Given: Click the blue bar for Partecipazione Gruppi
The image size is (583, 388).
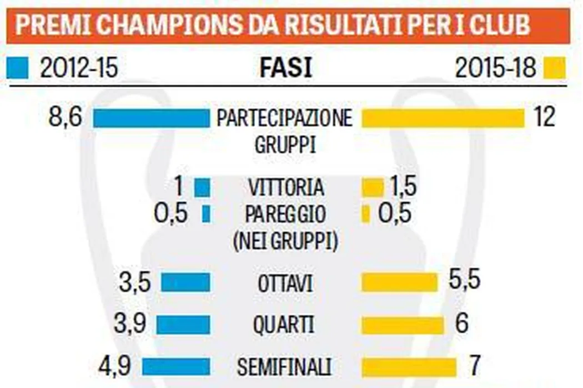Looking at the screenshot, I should coord(151,119).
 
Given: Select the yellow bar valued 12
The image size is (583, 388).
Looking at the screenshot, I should coord(443,118).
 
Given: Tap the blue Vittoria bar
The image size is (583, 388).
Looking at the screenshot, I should coord(203,188).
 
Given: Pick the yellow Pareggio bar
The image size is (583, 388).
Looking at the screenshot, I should coord(365,215).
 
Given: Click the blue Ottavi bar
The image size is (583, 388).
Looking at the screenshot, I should coord(185,283).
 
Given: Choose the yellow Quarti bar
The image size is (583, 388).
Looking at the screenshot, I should coord(403,325).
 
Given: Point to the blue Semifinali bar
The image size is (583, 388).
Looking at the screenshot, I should coord(177,366).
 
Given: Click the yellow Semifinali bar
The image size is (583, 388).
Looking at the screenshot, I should coord(409,366).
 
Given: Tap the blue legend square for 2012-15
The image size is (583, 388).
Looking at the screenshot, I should coord(17,68).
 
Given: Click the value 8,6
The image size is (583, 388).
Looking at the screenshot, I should coord(65,118).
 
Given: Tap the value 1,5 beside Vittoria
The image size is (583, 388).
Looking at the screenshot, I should coord(403,187).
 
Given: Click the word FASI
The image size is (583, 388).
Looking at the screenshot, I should coord(285,69).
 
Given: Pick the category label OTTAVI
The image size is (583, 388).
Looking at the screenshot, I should coord(285,283).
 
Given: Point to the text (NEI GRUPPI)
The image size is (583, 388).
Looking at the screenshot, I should coord(285,241).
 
